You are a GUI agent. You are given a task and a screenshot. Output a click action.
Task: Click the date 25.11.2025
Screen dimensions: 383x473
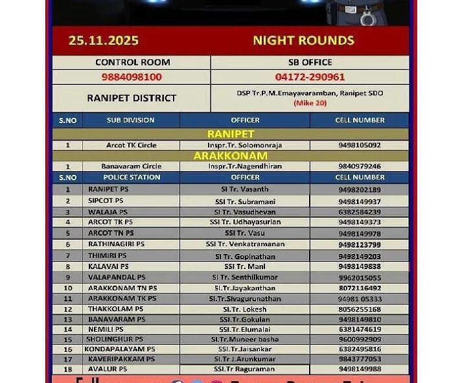(104, 40)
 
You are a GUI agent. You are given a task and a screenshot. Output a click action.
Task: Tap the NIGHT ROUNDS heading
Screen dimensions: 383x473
(303, 40)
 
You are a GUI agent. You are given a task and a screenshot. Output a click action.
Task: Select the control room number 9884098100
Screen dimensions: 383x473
(132, 76)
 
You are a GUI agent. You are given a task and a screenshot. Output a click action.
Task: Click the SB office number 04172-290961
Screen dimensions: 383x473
(310, 76)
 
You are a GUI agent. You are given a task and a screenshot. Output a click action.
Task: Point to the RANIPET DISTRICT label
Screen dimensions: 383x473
(132, 98)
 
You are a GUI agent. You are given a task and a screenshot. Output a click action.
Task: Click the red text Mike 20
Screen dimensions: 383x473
(310, 103)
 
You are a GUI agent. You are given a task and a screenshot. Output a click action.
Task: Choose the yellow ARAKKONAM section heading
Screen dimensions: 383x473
(230, 156)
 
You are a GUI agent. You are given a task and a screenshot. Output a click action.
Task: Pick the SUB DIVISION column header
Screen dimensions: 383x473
(131, 120)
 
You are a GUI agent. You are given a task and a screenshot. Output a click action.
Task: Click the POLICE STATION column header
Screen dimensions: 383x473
(132, 177)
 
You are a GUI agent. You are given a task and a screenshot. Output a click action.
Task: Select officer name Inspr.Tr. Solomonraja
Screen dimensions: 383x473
(245, 145)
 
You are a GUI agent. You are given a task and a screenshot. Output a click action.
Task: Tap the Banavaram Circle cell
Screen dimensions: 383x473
(131, 167)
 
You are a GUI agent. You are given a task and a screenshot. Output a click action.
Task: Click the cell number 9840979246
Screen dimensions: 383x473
(360, 167)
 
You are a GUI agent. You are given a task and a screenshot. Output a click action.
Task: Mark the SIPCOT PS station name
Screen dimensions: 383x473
(106, 201)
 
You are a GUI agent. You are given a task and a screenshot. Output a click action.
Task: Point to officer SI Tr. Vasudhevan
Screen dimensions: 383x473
(245, 212)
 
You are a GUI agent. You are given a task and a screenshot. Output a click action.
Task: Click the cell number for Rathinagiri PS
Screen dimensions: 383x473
(360, 244)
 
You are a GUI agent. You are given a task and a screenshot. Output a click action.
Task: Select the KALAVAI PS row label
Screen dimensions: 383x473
(108, 266)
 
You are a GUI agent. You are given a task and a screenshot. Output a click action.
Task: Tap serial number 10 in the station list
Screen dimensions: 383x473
(67, 288)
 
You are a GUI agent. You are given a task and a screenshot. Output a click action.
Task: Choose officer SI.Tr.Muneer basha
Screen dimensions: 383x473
(245, 339)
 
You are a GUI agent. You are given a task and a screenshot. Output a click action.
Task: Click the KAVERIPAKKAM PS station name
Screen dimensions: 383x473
(121, 358)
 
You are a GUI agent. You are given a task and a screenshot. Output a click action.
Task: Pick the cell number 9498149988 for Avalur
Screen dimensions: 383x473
(360, 369)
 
